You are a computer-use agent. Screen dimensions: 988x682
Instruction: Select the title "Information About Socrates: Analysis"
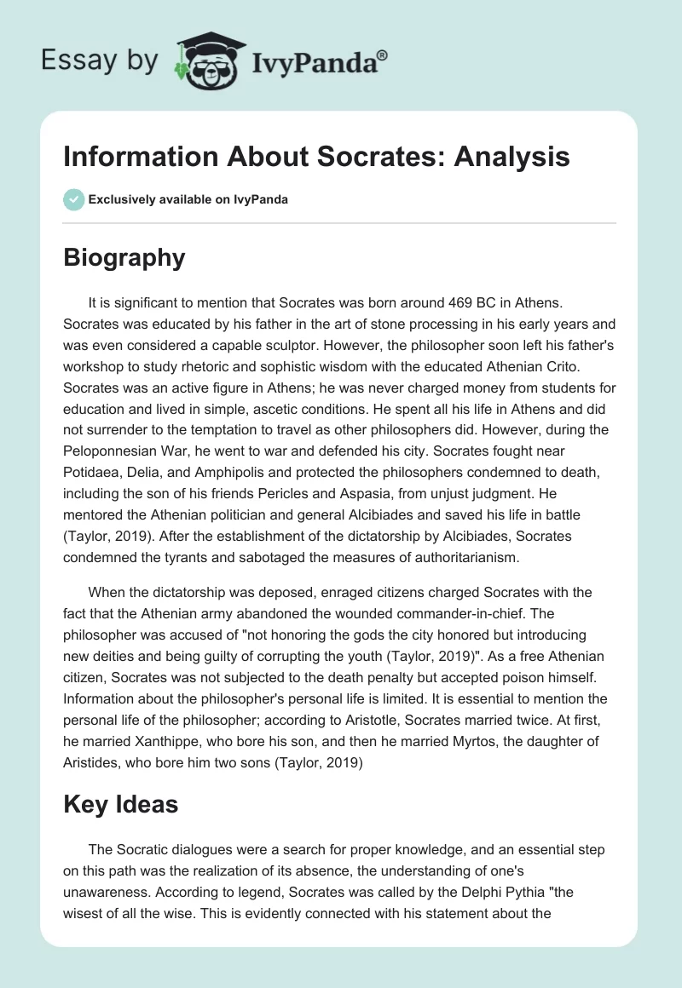point(317,158)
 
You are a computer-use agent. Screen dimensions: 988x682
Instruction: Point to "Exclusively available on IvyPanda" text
point(188,199)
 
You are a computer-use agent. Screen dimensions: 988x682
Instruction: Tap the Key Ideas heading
point(120,804)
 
